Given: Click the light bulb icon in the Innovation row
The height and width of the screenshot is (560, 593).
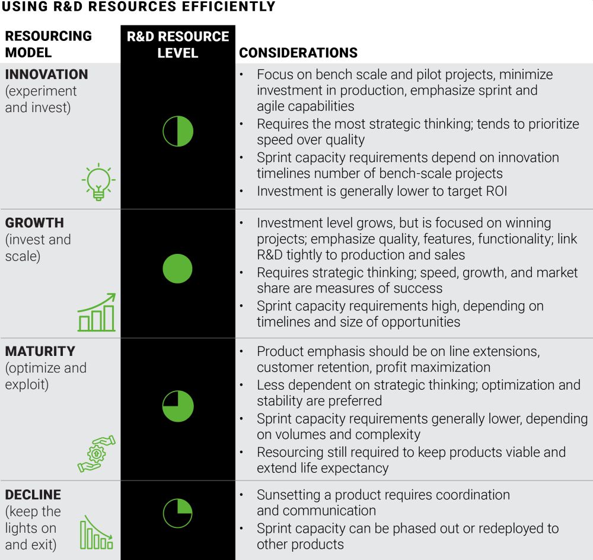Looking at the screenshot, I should coord(98,182).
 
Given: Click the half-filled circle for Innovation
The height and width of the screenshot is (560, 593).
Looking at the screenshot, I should coord(178,131).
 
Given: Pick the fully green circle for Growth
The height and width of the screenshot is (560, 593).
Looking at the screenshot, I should coord(178,268).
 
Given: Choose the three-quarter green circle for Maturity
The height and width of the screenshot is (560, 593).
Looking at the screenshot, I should coord(178,406).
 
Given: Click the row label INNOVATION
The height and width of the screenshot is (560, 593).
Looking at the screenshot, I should coord(46,75).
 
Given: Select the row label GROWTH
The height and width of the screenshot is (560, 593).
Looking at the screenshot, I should coord(34,223).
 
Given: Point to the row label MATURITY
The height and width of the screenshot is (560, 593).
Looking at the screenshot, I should coord(40,351).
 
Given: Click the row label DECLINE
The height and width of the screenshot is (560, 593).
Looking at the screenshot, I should coord(33,495).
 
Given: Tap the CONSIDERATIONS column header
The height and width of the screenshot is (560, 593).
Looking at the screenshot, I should coord(298,53).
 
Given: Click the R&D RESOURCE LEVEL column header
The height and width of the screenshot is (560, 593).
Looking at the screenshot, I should coord(178,44).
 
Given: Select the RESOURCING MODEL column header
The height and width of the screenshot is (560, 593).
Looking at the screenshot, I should coord(49,44).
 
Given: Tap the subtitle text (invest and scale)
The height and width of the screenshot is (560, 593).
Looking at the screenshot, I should coord(38,249).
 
